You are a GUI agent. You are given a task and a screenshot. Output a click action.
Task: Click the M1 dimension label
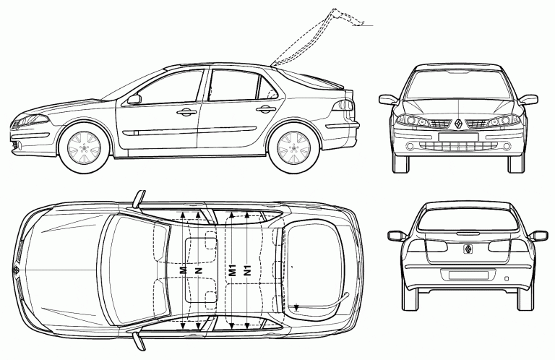[232, 270]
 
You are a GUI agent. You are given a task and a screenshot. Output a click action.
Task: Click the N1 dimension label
[248, 270]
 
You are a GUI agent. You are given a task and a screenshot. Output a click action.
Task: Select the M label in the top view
[183, 270]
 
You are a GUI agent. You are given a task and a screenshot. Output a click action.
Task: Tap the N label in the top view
[199, 270]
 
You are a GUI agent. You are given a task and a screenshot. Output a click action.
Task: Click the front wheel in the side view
[84, 147]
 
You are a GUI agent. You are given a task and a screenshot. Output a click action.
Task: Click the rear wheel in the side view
[293, 147]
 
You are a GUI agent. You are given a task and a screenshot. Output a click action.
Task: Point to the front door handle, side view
[187, 112]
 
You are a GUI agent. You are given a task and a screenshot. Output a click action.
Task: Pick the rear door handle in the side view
[266, 109]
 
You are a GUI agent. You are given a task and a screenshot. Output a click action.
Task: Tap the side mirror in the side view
[134, 99]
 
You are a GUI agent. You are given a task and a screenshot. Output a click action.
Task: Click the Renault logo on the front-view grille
[458, 124]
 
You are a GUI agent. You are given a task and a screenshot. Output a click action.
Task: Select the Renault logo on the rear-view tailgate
[468, 249]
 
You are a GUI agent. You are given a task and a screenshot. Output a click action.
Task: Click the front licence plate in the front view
[458, 137]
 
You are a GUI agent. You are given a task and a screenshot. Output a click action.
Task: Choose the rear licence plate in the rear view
[468, 275]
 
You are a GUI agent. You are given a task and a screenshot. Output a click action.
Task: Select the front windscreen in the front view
[458, 85]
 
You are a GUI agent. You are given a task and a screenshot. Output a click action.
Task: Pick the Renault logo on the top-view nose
[16, 270]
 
